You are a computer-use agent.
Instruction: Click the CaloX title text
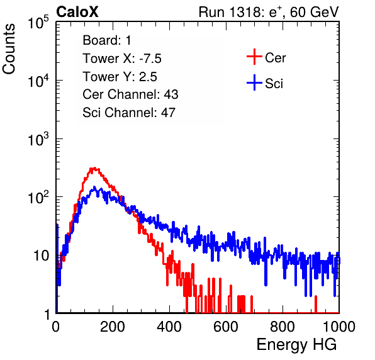tap(77, 12)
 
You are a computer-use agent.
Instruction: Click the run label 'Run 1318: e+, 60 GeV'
tap(269, 12)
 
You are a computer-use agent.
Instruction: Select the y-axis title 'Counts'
tap(9, 49)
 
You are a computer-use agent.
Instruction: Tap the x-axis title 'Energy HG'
tap(296, 345)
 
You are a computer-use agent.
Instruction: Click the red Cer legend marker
tap(254, 57)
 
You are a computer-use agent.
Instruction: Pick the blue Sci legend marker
tap(254, 83)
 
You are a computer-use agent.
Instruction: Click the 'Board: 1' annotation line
tap(107, 40)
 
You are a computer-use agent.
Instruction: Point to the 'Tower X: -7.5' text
tap(122, 59)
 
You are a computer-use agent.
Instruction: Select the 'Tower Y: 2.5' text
tap(120, 77)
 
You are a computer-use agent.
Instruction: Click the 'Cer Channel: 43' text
tap(130, 94)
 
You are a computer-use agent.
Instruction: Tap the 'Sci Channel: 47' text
tap(129, 113)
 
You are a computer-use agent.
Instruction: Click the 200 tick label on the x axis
tap(113, 327)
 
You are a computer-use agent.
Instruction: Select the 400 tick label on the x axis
tap(169, 327)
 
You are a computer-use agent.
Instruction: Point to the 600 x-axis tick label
tap(226, 327)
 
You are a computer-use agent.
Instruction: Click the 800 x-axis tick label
tap(283, 327)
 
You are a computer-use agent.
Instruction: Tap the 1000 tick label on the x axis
tap(339, 327)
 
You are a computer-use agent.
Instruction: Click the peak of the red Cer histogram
tap(94, 168)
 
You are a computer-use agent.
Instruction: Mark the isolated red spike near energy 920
tap(316, 304)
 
